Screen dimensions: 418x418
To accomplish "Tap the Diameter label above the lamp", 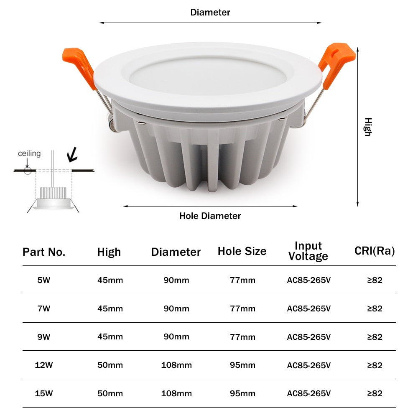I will (210, 13).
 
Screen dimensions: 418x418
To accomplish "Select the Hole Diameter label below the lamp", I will (210, 216).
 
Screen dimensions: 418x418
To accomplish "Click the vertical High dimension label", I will (367, 127).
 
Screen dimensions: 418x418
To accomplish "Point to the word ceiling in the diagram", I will (29, 153).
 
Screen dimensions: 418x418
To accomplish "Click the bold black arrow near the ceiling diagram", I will (73, 154).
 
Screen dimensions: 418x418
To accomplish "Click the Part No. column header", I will (44, 252).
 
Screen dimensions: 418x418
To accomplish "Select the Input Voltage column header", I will (308, 251).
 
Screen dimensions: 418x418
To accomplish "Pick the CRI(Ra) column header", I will (375, 251).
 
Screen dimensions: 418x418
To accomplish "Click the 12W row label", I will (44, 365).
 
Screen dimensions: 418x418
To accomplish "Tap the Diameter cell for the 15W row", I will (176, 393).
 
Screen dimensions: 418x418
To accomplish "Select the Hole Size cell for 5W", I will (242, 280).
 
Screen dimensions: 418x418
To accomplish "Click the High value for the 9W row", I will (110, 336).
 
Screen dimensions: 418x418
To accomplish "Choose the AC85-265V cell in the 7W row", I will (309, 308).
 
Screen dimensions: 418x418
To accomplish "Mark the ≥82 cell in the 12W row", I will (375, 365).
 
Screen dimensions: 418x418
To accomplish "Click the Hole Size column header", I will (242, 251).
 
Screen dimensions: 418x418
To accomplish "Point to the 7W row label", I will (44, 308).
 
